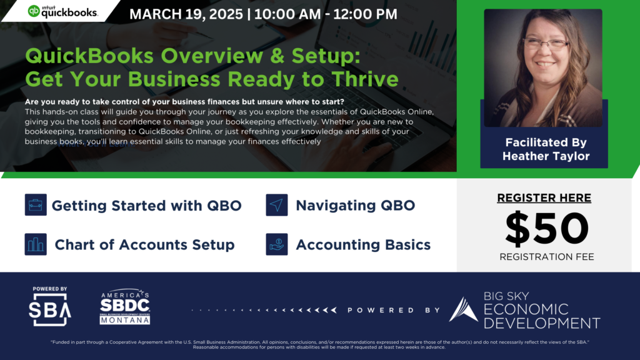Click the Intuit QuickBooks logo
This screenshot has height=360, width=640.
pyautogui.click(x=62, y=11)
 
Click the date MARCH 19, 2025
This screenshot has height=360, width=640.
pyautogui.click(x=186, y=13)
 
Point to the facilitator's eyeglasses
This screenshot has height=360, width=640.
pyautogui.click(x=545, y=44)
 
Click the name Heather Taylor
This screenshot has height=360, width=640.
pyautogui.click(x=546, y=156)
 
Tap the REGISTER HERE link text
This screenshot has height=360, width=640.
pyautogui.click(x=544, y=198)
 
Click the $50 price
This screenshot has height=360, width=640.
pyautogui.click(x=547, y=229)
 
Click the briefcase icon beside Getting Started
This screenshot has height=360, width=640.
pyautogui.click(x=36, y=205)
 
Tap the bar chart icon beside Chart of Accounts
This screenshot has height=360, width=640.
pyautogui.click(x=36, y=244)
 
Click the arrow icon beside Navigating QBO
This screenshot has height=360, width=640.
pyautogui.click(x=276, y=205)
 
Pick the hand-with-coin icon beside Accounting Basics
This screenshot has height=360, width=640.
pyautogui.click(x=276, y=244)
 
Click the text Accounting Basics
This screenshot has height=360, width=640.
pyautogui.click(x=363, y=245)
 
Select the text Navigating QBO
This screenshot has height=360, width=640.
pyautogui.click(x=355, y=206)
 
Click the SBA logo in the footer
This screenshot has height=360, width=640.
pyautogui.click(x=51, y=306)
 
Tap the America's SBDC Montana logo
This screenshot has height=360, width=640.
pyautogui.click(x=125, y=307)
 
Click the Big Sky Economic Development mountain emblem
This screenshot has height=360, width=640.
pyautogui.click(x=463, y=309)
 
